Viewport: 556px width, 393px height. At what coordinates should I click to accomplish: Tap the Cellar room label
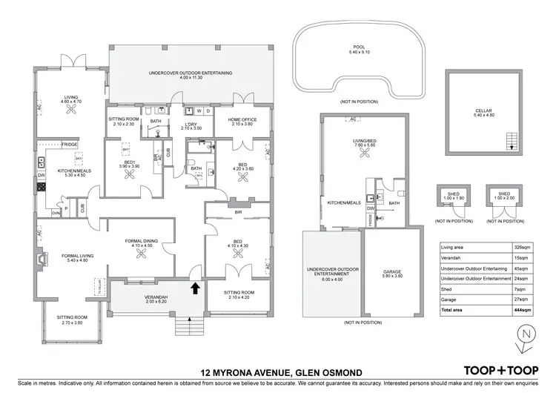tap(483, 113)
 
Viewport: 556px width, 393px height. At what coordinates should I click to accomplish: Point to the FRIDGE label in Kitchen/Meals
tap(70, 144)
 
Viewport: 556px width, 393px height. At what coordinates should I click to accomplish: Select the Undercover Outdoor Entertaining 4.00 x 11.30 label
tap(191, 75)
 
